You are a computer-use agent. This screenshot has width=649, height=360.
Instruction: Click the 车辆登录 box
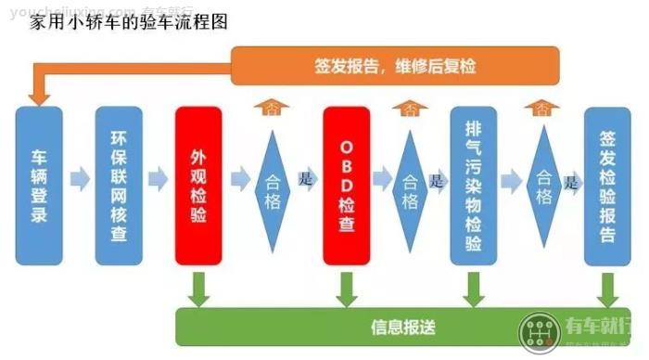pyautogui.click(x=39, y=186)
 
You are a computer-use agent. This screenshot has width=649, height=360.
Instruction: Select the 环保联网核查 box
pyautogui.click(x=119, y=186)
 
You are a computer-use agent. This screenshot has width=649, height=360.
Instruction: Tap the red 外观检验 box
pyautogui.click(x=198, y=186)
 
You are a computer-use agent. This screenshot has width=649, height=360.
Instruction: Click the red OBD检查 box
pyautogui.click(x=347, y=186)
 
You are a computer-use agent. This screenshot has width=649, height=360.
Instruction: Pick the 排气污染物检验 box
pyautogui.click(x=474, y=186)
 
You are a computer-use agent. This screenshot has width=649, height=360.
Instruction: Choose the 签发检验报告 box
pyautogui.click(x=607, y=186)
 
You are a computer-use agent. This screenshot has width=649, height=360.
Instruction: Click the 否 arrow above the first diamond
pyautogui.click(x=272, y=109)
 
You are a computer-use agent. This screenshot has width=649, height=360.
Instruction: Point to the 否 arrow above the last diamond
pyautogui.click(x=542, y=109)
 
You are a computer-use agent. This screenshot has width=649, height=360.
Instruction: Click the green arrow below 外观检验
pyautogui.click(x=198, y=288)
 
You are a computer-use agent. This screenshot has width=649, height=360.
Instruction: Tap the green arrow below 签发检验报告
pyautogui.click(x=607, y=288)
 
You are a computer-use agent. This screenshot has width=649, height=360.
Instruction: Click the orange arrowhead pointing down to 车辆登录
pyautogui.click(x=39, y=93)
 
